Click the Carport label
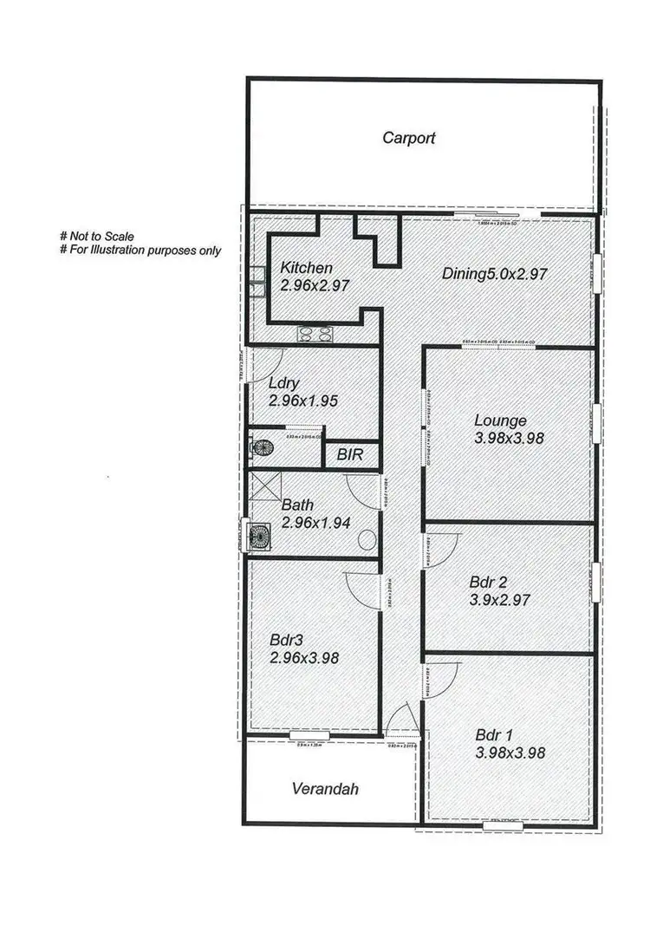[x=409, y=138]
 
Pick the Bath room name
[x=298, y=505]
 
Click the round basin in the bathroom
[x=367, y=539]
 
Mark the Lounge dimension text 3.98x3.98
[x=509, y=439]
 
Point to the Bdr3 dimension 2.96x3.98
[x=303, y=658]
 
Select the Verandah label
[x=324, y=790]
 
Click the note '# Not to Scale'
[x=96, y=236]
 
